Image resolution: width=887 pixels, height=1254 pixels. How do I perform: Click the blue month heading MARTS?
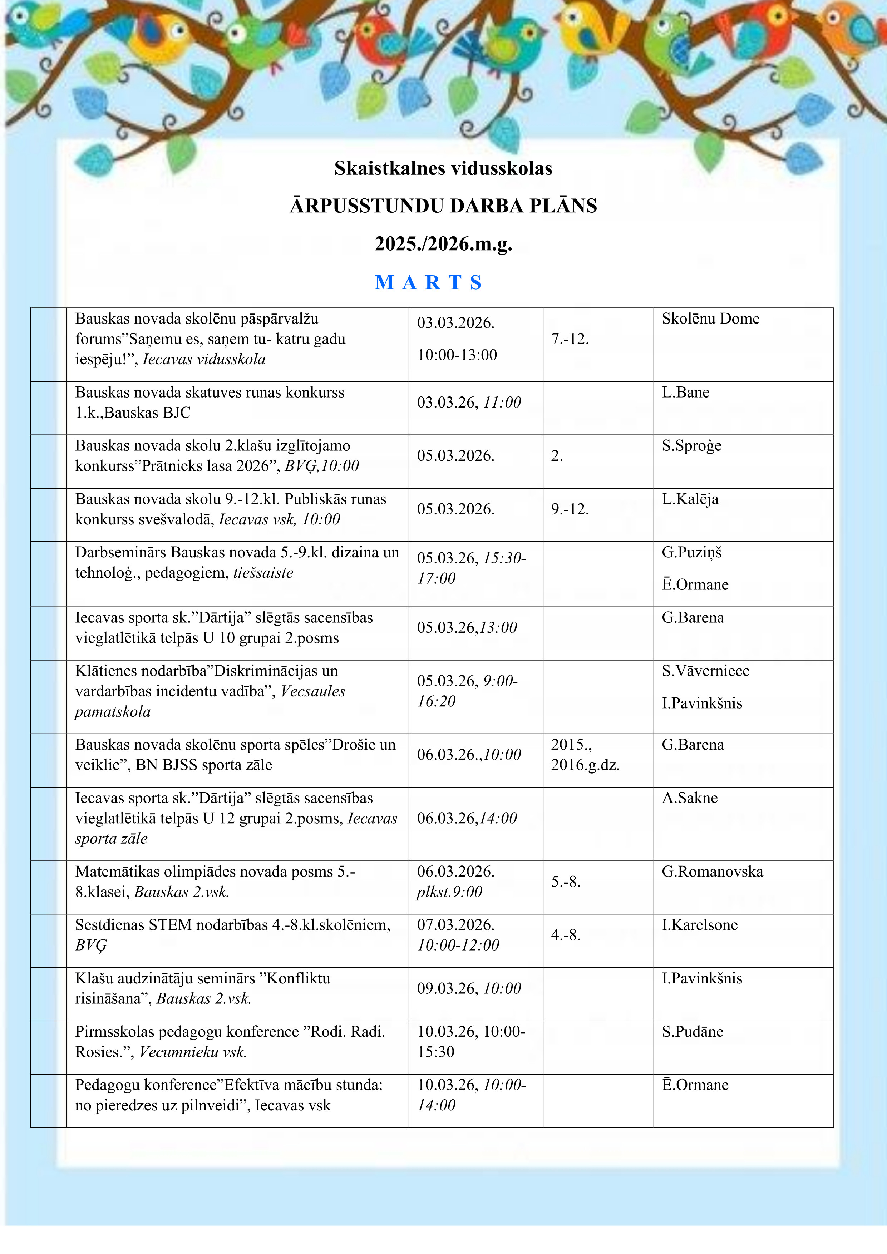pyautogui.click(x=429, y=282)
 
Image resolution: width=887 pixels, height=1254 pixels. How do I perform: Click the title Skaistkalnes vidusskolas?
pyautogui.click(x=443, y=168)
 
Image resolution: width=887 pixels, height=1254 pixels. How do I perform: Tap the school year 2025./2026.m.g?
pyautogui.click(x=443, y=243)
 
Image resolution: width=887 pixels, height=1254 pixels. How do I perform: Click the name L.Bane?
pyautogui.click(x=685, y=393)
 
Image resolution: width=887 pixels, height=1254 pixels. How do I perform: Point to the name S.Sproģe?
pyautogui.click(x=691, y=446)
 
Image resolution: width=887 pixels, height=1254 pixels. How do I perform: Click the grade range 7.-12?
pyautogui.click(x=570, y=339)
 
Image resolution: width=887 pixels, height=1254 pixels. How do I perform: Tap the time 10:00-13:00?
pyautogui.click(x=457, y=355)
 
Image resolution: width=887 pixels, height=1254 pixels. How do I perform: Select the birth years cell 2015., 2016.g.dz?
pyautogui.click(x=585, y=754)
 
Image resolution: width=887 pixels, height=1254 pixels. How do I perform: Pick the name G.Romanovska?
pyautogui.click(x=712, y=872)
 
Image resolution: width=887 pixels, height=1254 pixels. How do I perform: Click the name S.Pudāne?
pyautogui.click(x=693, y=1032)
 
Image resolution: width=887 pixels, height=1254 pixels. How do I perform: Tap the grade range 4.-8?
pyautogui.click(x=565, y=935)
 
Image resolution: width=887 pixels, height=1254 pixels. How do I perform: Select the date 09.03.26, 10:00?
pyautogui.click(x=469, y=988)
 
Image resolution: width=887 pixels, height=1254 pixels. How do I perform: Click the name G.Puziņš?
pyautogui.click(x=691, y=553)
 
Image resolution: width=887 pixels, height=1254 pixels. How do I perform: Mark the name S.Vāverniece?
pyautogui.click(x=706, y=671)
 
